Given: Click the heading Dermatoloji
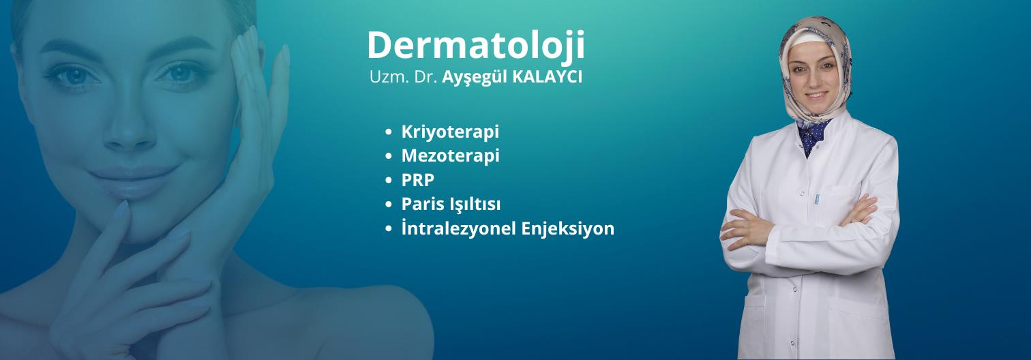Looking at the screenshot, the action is pyautogui.click(x=475, y=46).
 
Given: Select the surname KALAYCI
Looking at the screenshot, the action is pyautogui.click(x=547, y=77).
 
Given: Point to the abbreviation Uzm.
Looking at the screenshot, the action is pyautogui.click(x=389, y=77).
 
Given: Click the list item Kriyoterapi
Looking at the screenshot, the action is pyautogui.click(x=449, y=132).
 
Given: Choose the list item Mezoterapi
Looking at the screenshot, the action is pyautogui.click(x=450, y=155).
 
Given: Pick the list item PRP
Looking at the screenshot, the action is pyautogui.click(x=417, y=180).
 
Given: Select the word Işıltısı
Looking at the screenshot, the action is pyautogui.click(x=474, y=204).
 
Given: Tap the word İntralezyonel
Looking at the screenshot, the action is pyautogui.click(x=458, y=228).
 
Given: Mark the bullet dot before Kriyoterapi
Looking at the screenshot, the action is pyautogui.click(x=389, y=132).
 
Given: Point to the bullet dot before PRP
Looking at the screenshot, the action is pyautogui.click(x=389, y=180).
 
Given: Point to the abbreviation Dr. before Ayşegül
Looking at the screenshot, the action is pyautogui.click(x=425, y=77).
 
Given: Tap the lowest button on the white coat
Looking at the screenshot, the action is pyautogui.click(x=792, y=344).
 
